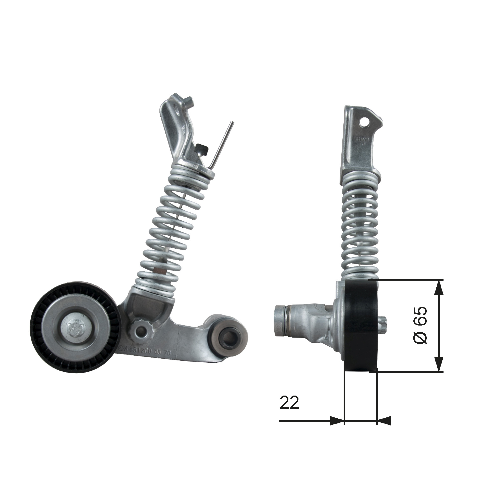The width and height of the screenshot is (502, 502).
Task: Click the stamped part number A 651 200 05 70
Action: click(x=146, y=351)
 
